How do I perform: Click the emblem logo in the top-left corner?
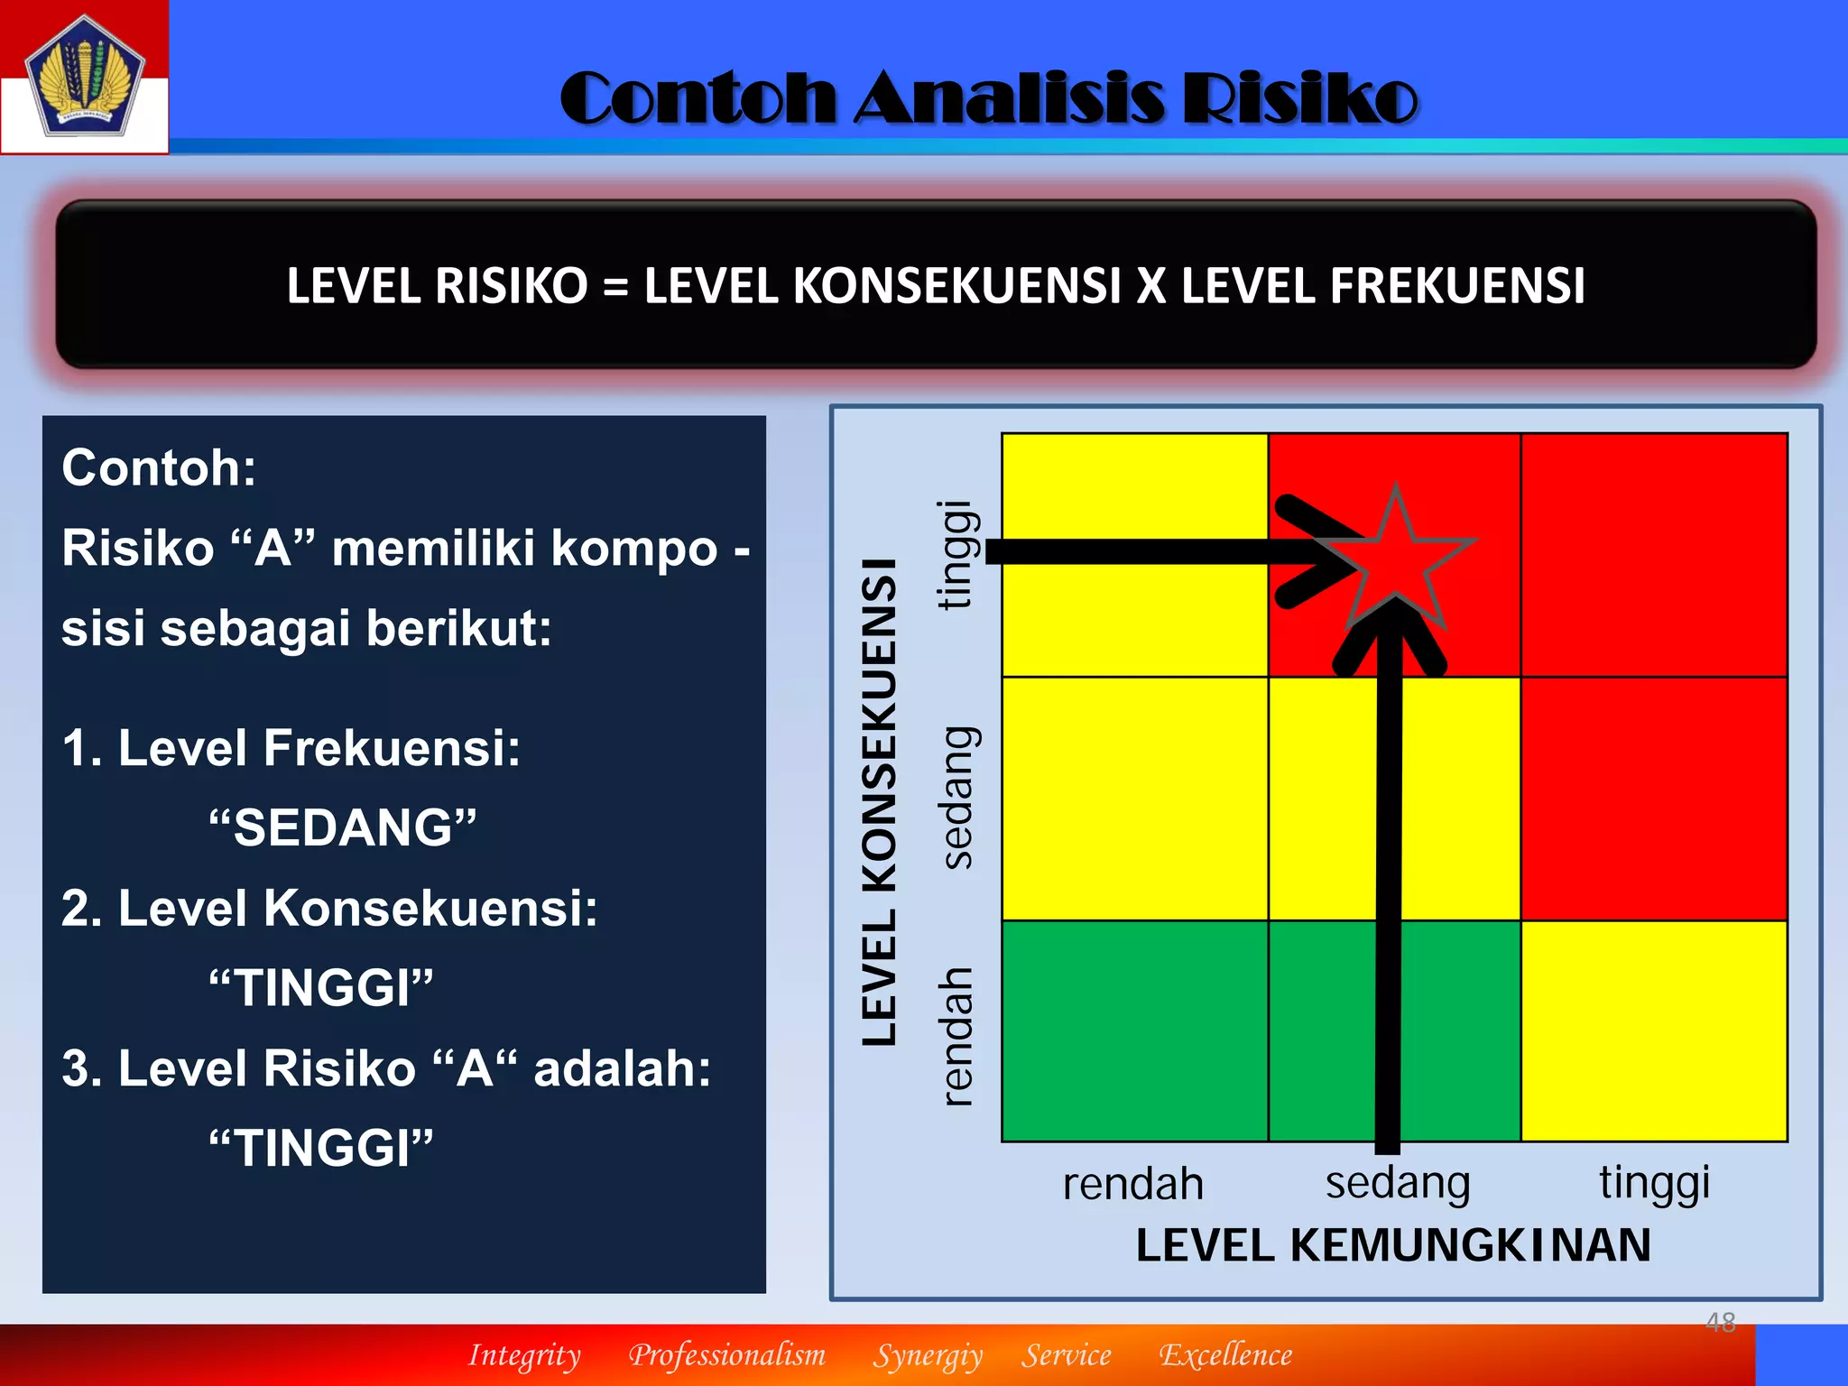(84, 77)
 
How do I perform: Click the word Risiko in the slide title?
(1299, 98)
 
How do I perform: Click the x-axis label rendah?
(1132, 1184)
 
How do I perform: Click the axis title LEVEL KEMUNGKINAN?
(1392, 1245)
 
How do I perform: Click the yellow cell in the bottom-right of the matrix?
(1653, 1030)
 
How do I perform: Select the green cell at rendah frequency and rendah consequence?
(1134, 1030)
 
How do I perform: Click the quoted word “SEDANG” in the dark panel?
(342, 827)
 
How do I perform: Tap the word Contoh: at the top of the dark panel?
(159, 467)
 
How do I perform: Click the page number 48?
(1720, 1322)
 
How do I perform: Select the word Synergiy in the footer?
(927, 1355)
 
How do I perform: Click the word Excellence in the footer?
(1224, 1355)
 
